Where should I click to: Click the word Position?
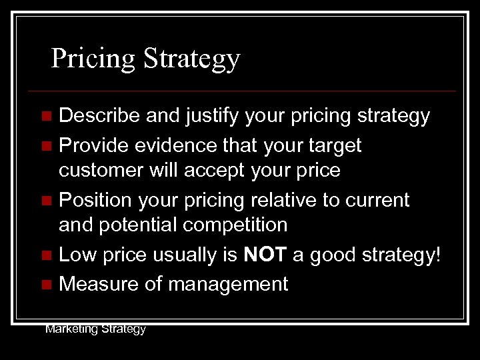click(93, 199)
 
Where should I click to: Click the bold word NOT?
click(265, 255)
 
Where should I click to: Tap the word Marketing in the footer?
click(69, 329)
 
